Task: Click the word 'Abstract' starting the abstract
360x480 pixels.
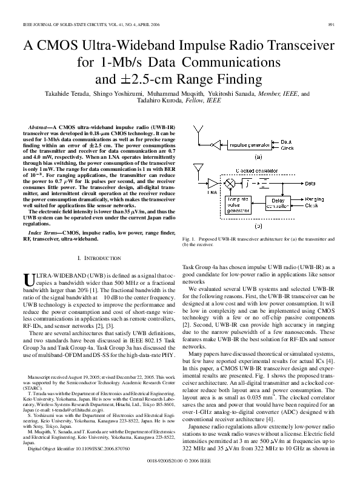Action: [x=39, y=119]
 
